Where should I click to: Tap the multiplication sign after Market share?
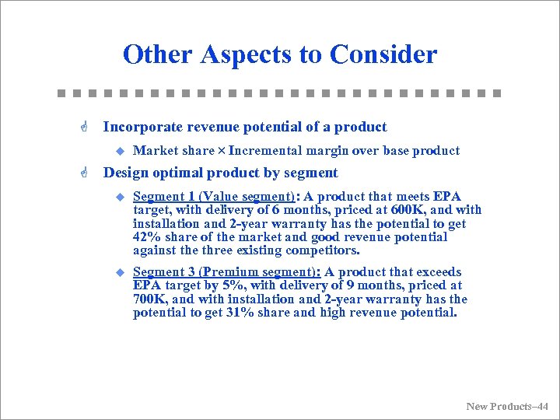pos(222,151)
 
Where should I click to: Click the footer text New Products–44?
pos(506,406)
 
